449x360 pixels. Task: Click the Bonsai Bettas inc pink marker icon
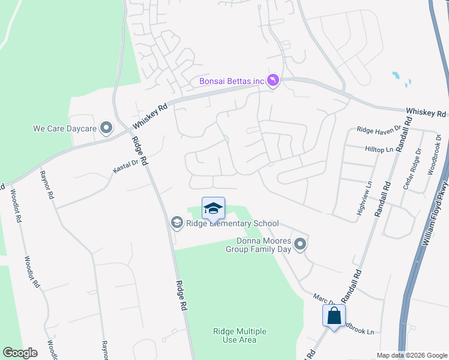(273, 80)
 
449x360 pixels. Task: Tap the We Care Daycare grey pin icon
(106, 128)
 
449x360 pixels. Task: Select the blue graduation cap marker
(213, 208)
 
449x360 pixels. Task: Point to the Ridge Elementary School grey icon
(176, 223)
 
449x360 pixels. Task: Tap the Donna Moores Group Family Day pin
(301, 244)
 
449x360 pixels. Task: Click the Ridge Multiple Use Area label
(240, 335)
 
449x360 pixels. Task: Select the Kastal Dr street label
(125, 166)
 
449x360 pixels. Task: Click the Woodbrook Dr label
(433, 154)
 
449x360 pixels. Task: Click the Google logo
(20, 353)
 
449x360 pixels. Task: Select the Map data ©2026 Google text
(412, 355)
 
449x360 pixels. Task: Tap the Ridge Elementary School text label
(232, 223)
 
